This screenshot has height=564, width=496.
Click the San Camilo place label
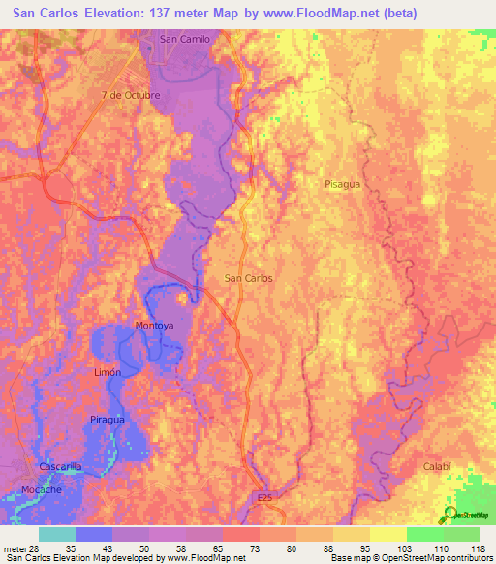[x=184, y=39]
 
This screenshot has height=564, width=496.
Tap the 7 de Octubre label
[x=130, y=95]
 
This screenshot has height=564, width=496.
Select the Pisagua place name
[x=345, y=182]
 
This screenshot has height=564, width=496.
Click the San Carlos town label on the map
[x=248, y=278]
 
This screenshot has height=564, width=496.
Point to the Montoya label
[x=154, y=325]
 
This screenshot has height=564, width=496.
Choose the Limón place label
[x=107, y=372]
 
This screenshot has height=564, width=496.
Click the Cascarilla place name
[x=63, y=466]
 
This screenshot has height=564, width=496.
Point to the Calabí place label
[x=438, y=466]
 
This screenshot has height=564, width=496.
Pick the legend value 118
[x=478, y=548]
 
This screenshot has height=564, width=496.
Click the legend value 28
[x=40, y=548]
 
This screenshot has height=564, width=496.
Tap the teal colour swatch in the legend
[x=57, y=534]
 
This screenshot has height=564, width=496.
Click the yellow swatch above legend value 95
[x=352, y=534]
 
